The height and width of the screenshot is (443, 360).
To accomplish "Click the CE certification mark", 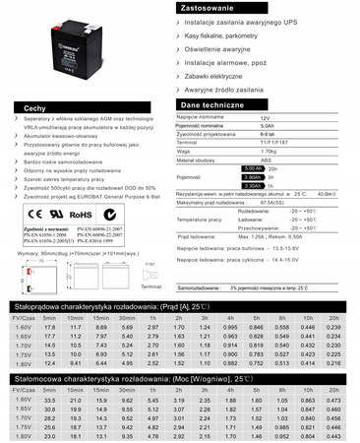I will [34, 212].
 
